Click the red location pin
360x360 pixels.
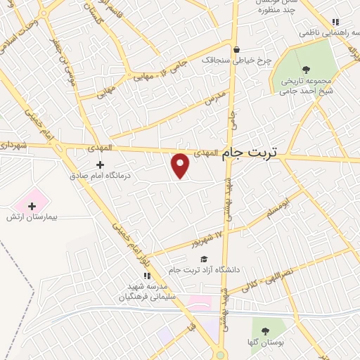[181, 166]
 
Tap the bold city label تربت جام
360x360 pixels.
[250, 153]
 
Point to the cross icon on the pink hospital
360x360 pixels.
[32, 205]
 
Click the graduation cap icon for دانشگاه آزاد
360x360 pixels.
[204, 259]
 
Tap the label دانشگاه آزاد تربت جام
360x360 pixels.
[204, 271]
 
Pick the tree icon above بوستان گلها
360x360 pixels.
[265, 331]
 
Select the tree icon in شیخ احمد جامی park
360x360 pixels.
[305, 69]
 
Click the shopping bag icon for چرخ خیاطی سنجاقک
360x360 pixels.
[236, 49]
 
